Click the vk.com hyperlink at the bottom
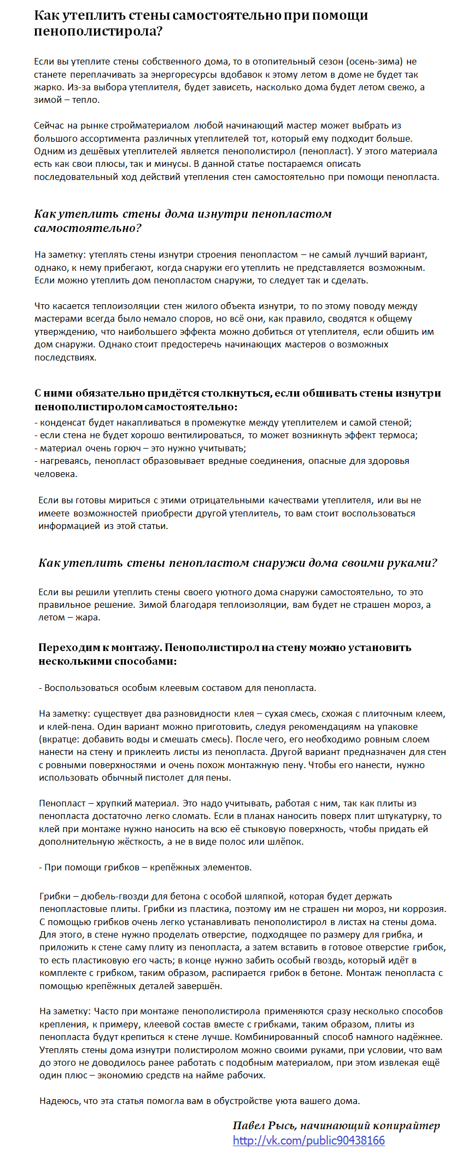pos(308,1140)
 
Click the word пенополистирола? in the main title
pos(98,31)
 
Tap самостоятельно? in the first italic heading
pos(88,228)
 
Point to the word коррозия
pos(425,909)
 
